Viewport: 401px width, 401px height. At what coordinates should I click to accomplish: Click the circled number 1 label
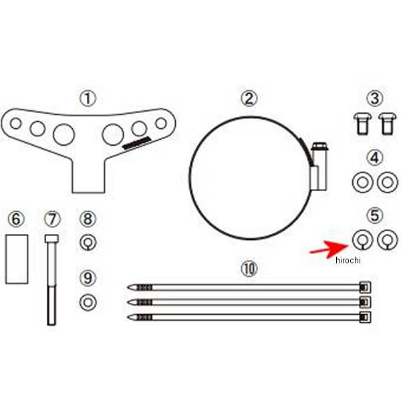coord(88,98)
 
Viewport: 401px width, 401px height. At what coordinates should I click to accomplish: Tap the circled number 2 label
coord(249,98)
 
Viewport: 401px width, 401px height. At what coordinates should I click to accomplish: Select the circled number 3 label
coord(376,98)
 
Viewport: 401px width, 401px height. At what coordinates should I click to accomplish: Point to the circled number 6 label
coord(17,219)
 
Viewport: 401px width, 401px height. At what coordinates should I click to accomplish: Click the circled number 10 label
coord(249,269)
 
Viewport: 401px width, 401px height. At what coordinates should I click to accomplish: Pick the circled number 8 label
coord(88,219)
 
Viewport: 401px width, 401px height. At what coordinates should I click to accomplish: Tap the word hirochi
coord(348,261)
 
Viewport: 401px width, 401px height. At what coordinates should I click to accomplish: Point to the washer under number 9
coord(88,302)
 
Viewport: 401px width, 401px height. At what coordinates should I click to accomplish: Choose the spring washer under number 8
coord(88,243)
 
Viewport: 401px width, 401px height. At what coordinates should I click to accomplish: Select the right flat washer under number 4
coord(385,181)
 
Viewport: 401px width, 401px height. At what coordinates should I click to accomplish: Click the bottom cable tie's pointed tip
coord(131,316)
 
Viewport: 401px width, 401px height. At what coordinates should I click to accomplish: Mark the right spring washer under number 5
coord(385,239)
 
